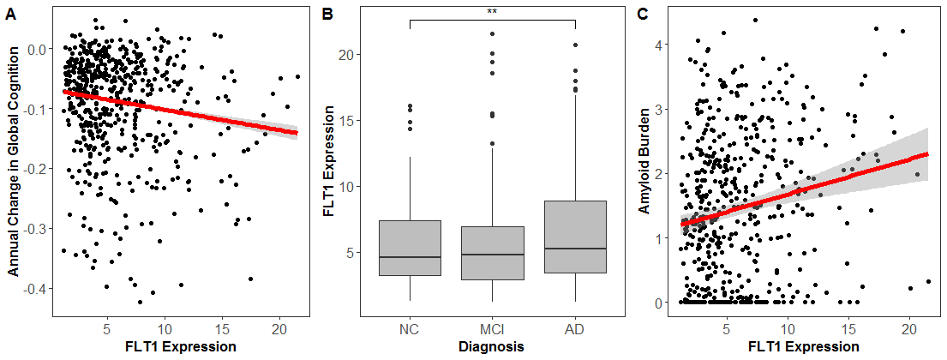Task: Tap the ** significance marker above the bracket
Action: coord(492,12)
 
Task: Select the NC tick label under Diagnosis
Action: coord(409,330)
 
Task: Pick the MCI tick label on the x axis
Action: coord(492,330)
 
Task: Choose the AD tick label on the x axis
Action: coord(575,330)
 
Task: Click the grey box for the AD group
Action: coord(575,237)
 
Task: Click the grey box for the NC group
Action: coord(409,248)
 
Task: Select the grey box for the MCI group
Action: coord(492,253)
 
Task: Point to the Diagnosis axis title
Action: coord(492,347)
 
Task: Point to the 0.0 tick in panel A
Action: coord(37,49)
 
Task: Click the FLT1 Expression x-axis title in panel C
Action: coord(803,347)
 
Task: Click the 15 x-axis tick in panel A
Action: coord(221,330)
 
